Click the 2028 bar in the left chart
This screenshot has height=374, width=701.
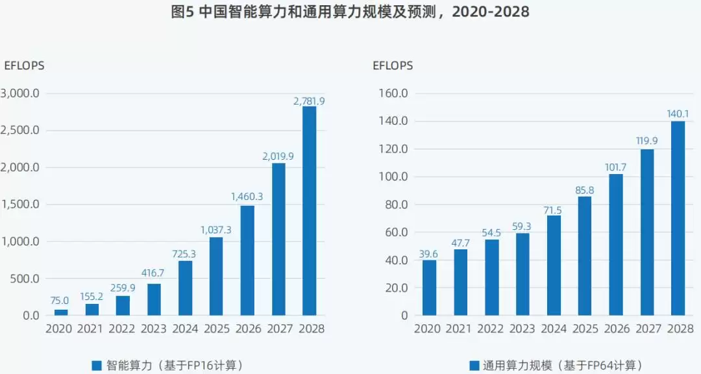click(x=310, y=211)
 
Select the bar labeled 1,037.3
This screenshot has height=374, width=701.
click(x=216, y=276)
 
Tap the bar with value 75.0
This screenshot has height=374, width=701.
click(x=61, y=312)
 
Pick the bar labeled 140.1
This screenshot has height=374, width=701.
click(x=678, y=218)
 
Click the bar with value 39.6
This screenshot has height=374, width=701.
click(x=429, y=288)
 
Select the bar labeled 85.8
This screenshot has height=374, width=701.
click(x=585, y=256)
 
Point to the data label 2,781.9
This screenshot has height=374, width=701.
click(x=309, y=101)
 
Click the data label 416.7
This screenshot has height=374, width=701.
click(x=153, y=273)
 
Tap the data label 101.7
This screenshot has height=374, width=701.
click(x=615, y=168)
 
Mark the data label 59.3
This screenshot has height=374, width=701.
click(x=522, y=227)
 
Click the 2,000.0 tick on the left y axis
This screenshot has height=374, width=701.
click(x=20, y=168)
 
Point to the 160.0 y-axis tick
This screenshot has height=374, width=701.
click(x=393, y=93)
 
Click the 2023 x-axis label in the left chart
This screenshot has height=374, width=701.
click(x=153, y=329)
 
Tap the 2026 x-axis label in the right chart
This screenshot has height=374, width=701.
click(x=617, y=329)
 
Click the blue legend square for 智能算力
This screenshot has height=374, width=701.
click(x=97, y=366)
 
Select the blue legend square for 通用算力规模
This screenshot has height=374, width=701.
click(x=474, y=366)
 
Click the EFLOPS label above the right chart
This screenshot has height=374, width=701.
click(x=393, y=66)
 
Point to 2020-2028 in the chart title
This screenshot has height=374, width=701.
click(x=491, y=11)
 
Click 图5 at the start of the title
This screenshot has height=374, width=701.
click(x=182, y=11)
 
